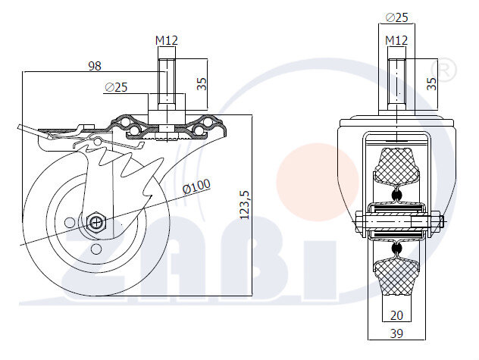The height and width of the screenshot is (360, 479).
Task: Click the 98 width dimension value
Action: (x=95, y=66)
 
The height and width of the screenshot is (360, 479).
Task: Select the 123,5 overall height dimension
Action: (x=245, y=205)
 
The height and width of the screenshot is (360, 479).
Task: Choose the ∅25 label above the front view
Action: (x=396, y=17)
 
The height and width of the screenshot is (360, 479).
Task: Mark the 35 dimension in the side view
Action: (x=202, y=81)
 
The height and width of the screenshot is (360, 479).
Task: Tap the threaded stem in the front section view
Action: (x=397, y=80)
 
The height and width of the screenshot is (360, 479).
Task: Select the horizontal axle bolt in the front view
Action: (x=398, y=221)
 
